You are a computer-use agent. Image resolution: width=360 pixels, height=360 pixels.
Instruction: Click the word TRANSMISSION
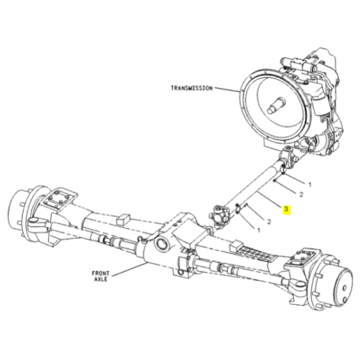click(192, 88)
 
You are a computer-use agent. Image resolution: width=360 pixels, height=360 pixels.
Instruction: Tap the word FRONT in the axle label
click(101, 274)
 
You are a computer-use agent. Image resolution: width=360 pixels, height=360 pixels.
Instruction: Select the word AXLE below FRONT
click(101, 279)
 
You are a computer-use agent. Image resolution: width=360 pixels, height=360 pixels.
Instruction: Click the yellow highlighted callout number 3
click(286, 209)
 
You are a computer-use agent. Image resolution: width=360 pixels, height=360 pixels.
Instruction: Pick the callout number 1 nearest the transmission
click(310, 185)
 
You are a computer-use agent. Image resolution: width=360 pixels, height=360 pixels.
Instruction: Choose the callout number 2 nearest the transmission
click(301, 194)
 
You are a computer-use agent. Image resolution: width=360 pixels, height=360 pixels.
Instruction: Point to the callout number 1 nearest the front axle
click(259, 230)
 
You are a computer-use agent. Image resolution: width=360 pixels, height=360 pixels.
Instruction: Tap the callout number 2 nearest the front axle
click(269, 222)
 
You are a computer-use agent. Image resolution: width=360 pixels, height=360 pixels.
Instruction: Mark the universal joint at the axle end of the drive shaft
click(219, 217)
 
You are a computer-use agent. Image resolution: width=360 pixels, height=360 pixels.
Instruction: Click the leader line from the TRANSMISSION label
click(227, 90)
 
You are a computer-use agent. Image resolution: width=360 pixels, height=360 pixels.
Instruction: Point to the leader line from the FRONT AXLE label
click(129, 270)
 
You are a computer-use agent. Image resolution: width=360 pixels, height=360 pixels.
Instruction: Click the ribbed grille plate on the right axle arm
click(252, 252)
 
